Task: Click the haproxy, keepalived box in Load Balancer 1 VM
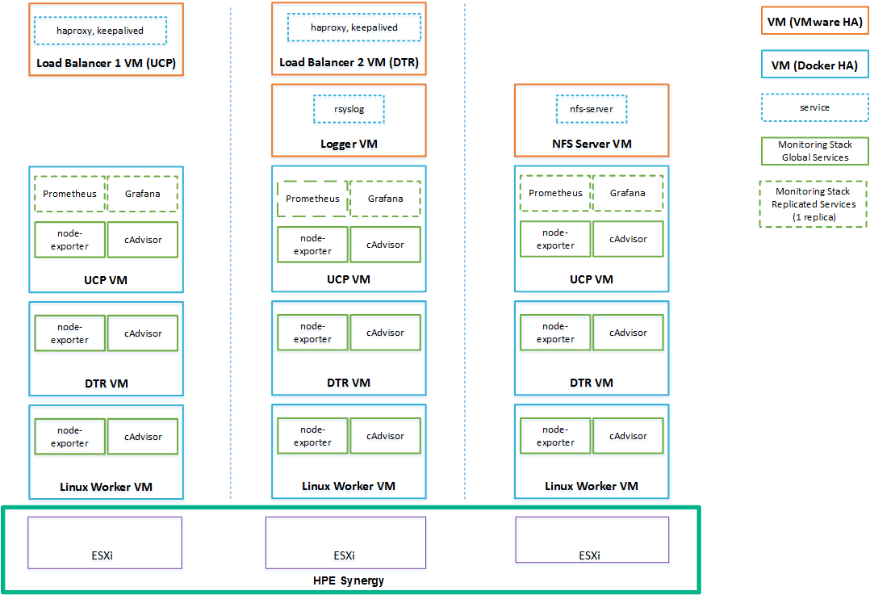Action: pyautogui.click(x=100, y=31)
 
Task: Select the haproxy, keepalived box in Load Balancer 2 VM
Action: pyautogui.click(x=354, y=27)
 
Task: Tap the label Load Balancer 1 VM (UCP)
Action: pyautogui.click(x=106, y=63)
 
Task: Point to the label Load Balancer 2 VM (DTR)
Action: pyautogui.click(x=349, y=62)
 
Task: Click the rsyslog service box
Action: pyautogui.click(x=349, y=109)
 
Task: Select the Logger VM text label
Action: pyautogui.click(x=349, y=145)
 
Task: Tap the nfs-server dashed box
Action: pyautogui.click(x=591, y=109)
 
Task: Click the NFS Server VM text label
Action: pyautogui.click(x=591, y=145)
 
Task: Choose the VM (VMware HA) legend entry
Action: pyautogui.click(x=814, y=22)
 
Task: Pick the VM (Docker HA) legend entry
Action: pyautogui.click(x=814, y=65)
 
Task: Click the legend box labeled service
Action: pyautogui.click(x=814, y=107)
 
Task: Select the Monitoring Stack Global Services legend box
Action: pyautogui.click(x=814, y=151)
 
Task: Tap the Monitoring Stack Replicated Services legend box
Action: pyautogui.click(x=814, y=204)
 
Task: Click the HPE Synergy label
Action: pyautogui.click(x=348, y=580)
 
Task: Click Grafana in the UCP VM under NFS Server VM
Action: pyautogui.click(x=627, y=193)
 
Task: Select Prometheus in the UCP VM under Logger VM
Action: pyautogui.click(x=312, y=199)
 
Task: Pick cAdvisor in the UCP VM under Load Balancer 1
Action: pyautogui.click(x=143, y=240)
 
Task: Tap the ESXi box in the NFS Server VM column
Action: pyautogui.click(x=592, y=539)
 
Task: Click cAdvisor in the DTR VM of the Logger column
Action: pyautogui.click(x=385, y=333)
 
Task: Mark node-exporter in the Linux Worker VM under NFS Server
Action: pyautogui.click(x=555, y=436)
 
